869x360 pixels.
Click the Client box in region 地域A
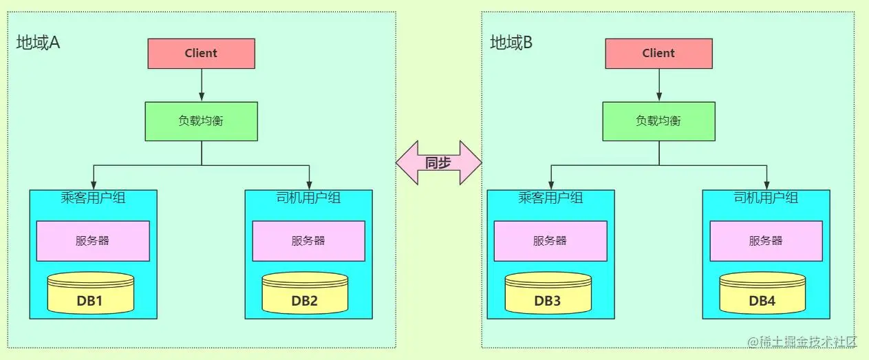[x=201, y=53]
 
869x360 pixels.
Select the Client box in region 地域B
[x=658, y=53]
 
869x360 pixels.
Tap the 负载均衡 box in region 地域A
[x=201, y=121]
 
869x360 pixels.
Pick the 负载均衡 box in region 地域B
[x=658, y=121]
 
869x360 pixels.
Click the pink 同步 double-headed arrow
[x=438, y=163]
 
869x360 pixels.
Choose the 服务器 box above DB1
[x=93, y=241]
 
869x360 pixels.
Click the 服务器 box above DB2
[x=308, y=241]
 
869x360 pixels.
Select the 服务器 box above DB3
[x=550, y=241]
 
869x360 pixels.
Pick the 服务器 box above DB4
[x=766, y=241]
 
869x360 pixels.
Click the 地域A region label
[x=39, y=43]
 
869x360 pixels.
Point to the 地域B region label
[x=511, y=43]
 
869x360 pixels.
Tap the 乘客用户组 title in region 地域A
[x=93, y=199]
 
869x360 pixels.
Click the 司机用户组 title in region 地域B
[x=766, y=198]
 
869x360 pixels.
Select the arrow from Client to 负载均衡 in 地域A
[x=201, y=85]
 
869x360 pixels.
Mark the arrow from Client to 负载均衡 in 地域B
[x=658, y=85]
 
